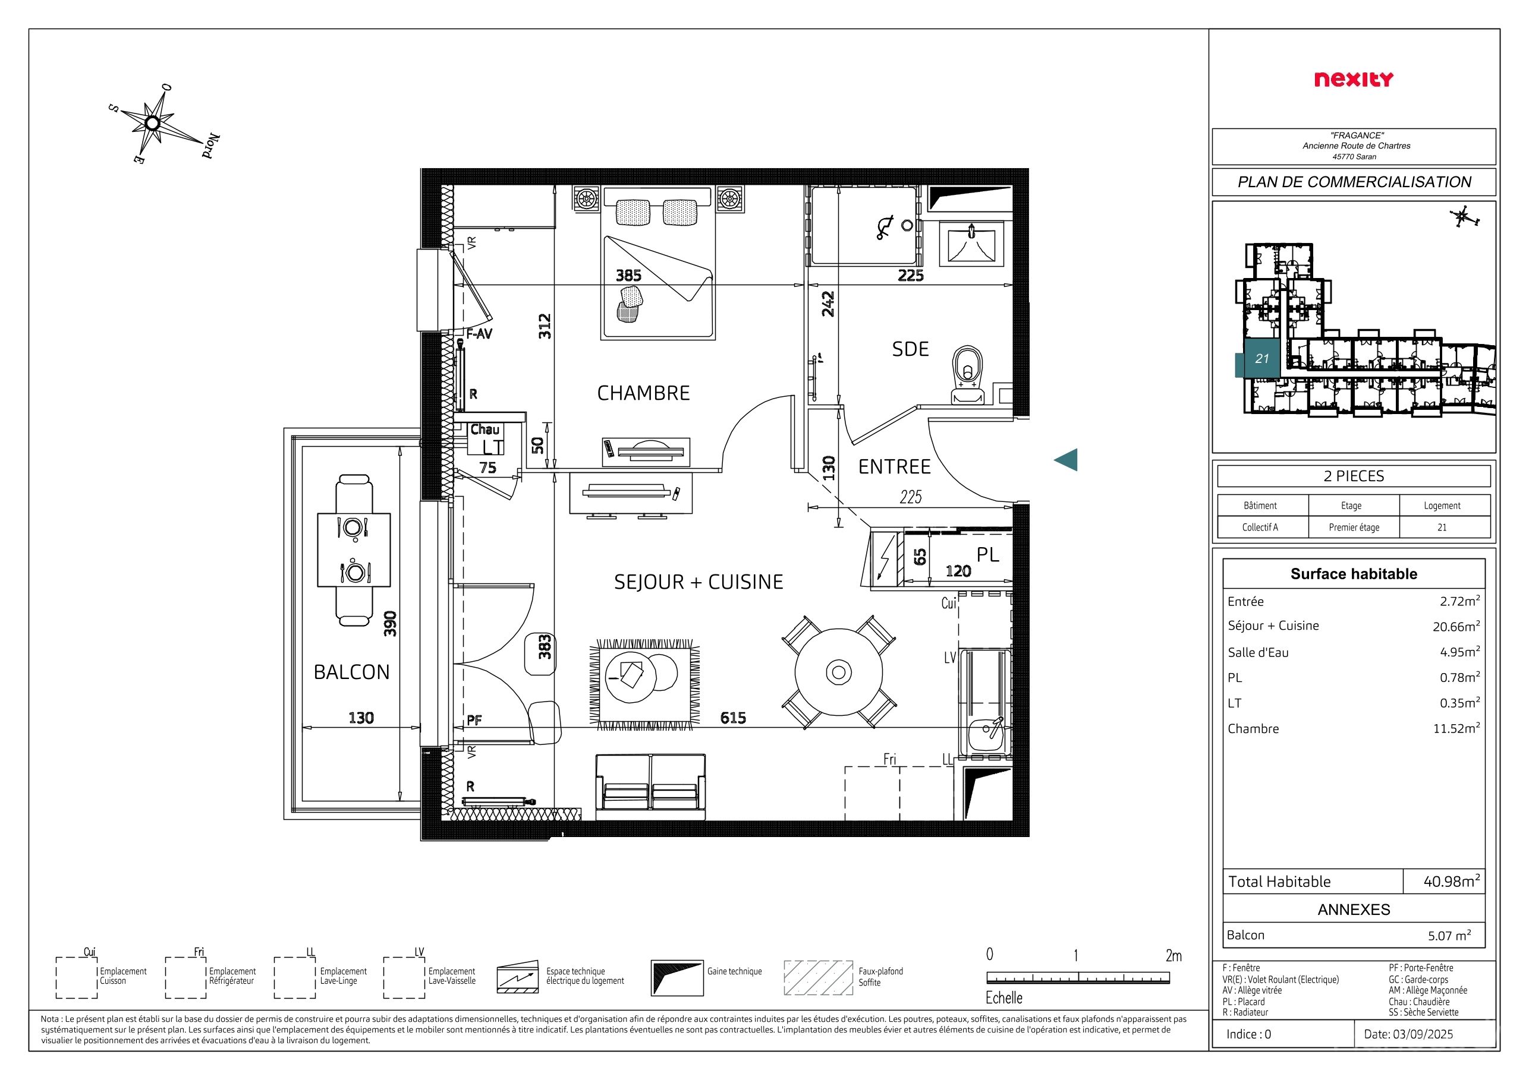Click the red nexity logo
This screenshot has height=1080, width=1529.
[1353, 80]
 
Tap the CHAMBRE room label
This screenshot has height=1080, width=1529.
[643, 393]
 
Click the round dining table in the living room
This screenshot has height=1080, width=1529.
[838, 671]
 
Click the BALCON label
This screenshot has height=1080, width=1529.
[351, 672]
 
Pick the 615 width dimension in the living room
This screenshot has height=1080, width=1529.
[732, 718]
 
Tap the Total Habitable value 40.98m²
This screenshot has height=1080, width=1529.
[1452, 881]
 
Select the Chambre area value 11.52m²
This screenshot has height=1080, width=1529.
[1456, 728]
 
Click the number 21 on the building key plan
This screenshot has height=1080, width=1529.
[1262, 359]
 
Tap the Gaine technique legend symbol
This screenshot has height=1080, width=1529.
[677, 977]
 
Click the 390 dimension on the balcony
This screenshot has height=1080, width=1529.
[391, 624]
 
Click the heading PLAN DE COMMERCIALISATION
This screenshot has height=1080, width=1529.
[1354, 182]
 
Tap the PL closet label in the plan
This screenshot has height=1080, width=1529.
[987, 554]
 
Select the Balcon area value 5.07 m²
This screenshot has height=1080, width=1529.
[1449, 936]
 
